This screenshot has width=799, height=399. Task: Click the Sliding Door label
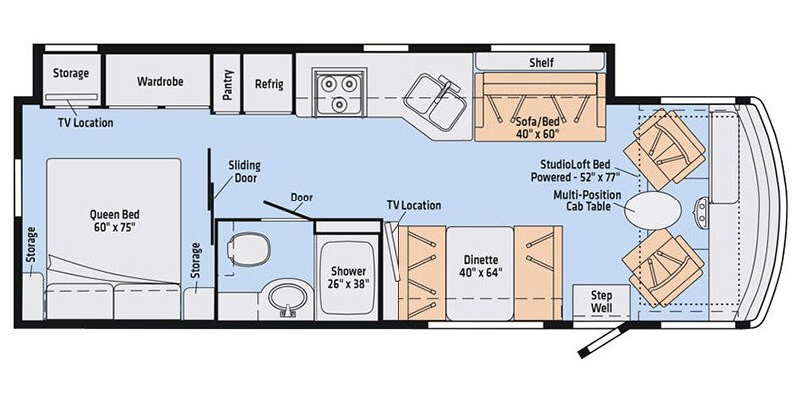(x=243, y=170)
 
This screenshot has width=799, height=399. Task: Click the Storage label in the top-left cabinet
(x=70, y=74)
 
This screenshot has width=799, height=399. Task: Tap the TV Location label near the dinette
(x=413, y=206)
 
